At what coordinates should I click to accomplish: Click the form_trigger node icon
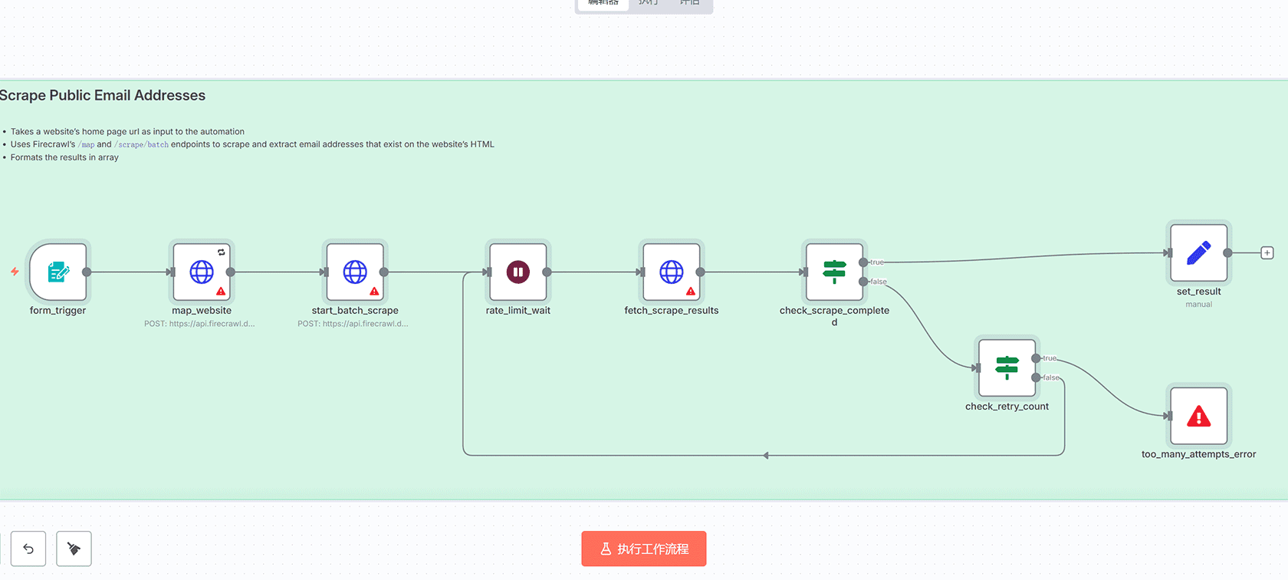point(58,272)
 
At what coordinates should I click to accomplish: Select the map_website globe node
point(202,272)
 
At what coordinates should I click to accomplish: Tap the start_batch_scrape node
point(355,272)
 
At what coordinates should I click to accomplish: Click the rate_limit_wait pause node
point(518,272)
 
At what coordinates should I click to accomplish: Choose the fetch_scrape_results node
point(672,272)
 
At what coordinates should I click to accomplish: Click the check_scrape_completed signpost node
point(834,272)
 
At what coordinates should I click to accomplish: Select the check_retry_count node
point(1007,367)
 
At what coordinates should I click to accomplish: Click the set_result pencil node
point(1198,253)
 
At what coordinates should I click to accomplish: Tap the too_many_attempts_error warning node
point(1198,416)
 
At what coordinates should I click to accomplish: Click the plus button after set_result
point(1267,253)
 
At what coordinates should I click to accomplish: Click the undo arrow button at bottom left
point(28,549)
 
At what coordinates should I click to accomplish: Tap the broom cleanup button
point(74,549)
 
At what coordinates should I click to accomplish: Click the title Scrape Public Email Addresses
point(102,95)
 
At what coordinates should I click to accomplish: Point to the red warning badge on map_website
point(221,292)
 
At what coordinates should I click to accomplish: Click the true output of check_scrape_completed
point(864,262)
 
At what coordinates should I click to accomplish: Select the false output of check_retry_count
point(1037,377)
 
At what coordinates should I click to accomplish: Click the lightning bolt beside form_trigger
point(15,272)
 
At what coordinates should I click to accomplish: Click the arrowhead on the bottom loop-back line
point(765,456)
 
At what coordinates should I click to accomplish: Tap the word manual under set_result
point(1198,305)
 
